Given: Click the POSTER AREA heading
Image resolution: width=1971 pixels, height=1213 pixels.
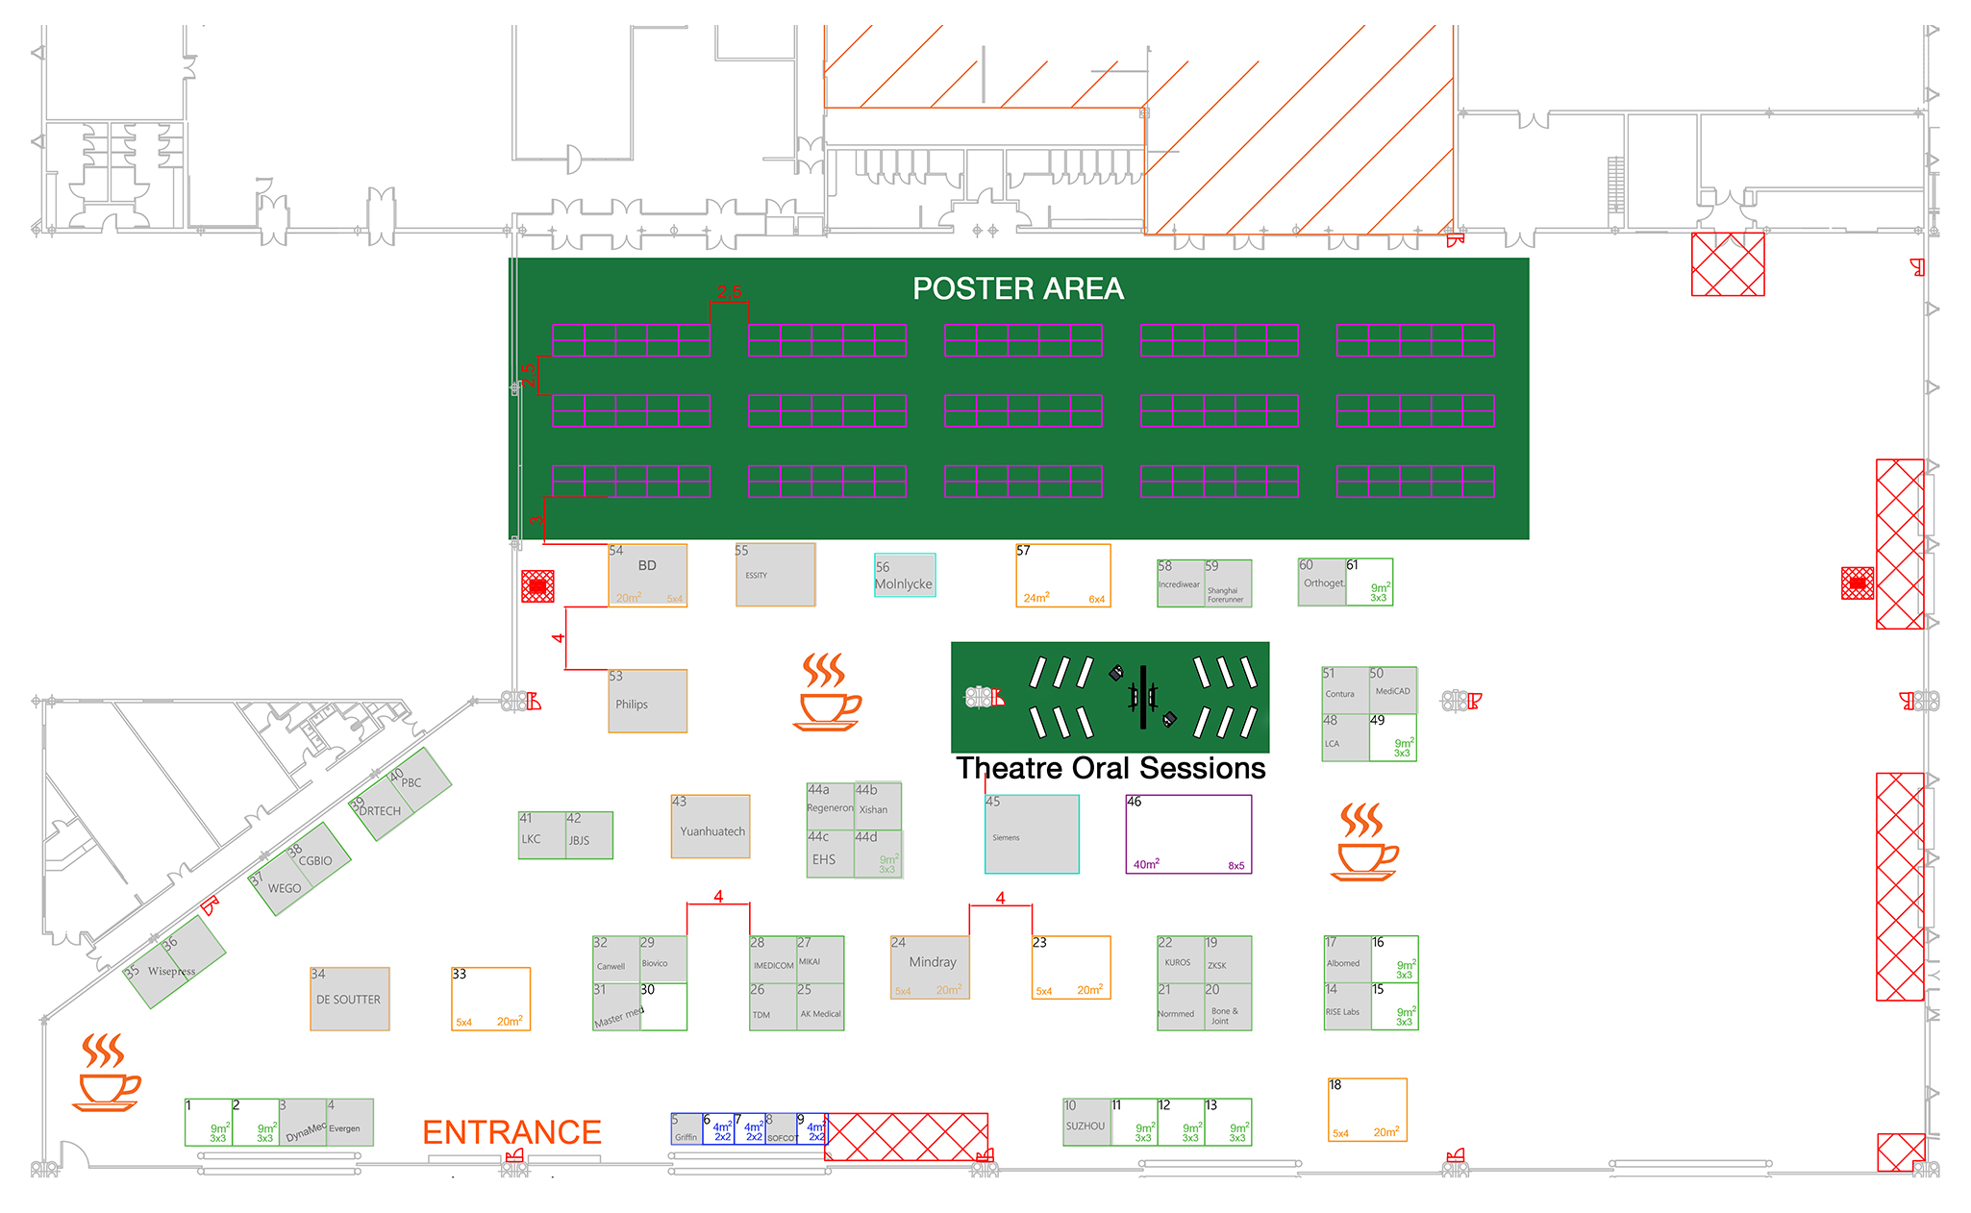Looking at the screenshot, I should (x=1017, y=288).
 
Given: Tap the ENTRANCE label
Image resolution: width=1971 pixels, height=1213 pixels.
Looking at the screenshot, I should (x=511, y=1132).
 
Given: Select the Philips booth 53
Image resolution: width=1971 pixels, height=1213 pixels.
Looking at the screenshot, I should (x=647, y=702).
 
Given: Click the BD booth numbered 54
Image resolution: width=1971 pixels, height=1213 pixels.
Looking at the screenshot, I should (x=647, y=576).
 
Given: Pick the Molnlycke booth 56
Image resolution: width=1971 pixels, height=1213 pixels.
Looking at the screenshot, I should (x=904, y=576).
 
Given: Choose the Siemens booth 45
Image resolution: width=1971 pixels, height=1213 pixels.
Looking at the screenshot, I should (x=1032, y=834).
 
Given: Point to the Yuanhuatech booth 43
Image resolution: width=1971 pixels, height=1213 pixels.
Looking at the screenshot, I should (x=711, y=827).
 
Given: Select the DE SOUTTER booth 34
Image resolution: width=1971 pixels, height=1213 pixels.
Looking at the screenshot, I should (x=349, y=1000).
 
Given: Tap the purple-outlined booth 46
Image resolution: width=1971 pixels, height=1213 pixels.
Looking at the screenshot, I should (x=1188, y=834).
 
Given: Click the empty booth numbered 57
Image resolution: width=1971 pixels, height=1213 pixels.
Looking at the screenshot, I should (x=1062, y=576).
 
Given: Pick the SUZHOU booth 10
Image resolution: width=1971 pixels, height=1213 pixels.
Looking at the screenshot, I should (x=1086, y=1123).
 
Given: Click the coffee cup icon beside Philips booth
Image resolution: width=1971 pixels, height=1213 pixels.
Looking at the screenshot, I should (x=827, y=693).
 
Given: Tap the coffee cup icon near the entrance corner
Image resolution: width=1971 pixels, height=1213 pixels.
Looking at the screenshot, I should (x=106, y=1074).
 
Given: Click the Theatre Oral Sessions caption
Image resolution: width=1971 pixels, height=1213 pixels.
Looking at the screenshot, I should (x=1110, y=769).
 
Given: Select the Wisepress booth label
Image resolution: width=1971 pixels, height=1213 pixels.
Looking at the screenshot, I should (x=172, y=972).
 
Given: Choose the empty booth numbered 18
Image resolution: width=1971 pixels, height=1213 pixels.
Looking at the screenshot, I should (x=1367, y=1110).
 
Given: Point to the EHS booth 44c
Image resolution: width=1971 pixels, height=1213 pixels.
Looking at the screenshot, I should (x=829, y=855).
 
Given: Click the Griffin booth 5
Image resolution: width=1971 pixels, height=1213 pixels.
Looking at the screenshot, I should (x=686, y=1129).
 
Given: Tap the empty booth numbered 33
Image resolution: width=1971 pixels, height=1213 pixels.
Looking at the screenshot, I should (x=490, y=1000).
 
